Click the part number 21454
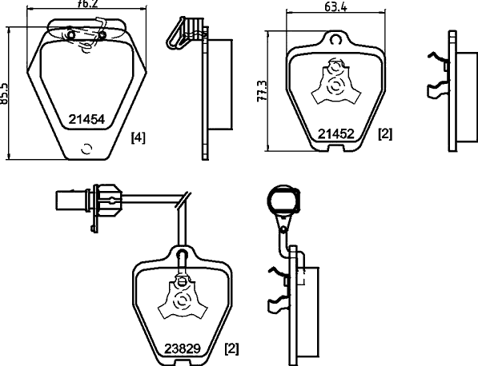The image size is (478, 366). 86,119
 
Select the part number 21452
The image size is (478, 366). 336,134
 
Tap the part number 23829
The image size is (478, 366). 183,349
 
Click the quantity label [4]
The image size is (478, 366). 138,137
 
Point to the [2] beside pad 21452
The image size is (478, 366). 385,134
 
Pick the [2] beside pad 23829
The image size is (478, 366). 231,348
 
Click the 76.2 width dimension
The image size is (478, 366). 87,4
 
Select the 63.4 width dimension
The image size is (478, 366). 335,6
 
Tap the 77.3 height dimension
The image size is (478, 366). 262,91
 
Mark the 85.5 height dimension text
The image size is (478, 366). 4,93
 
